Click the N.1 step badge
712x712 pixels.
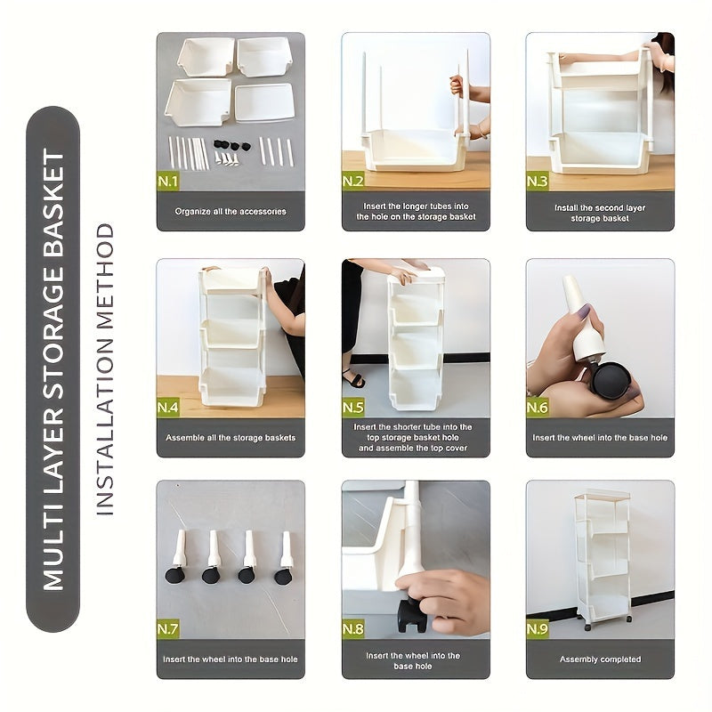click(168, 182)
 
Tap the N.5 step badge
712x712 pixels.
click(353, 409)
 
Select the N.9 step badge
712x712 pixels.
click(538, 630)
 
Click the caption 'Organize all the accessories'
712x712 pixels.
click(231, 212)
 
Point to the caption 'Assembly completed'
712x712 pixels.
click(600, 659)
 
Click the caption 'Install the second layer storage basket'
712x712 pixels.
click(600, 213)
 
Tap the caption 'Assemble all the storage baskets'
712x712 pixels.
click(231, 437)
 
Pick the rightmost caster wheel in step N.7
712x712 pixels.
click(283, 576)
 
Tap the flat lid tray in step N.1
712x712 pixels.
click(264, 101)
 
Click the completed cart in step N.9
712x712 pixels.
click(603, 556)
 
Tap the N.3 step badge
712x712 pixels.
click(538, 182)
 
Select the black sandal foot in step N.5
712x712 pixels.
click(354, 380)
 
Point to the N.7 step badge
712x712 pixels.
click(168, 630)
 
